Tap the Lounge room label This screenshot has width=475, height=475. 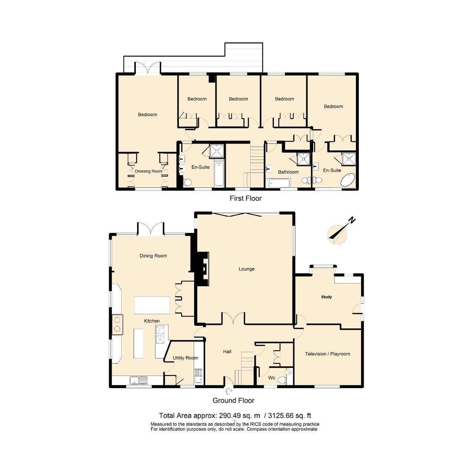(x=246, y=269)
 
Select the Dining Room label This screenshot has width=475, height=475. (x=153, y=256)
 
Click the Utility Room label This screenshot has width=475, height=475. (x=185, y=358)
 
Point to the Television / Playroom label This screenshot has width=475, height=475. (x=327, y=354)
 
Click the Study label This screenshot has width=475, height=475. (x=327, y=297)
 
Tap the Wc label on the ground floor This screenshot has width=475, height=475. (x=272, y=378)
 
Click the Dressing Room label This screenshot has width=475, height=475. (x=148, y=171)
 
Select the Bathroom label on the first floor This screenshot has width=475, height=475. (x=288, y=172)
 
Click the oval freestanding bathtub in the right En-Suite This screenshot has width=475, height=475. (x=348, y=180)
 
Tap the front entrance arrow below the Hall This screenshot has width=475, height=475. (x=229, y=390)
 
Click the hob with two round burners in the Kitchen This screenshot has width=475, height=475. (x=118, y=324)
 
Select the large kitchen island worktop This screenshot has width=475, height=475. (x=152, y=305)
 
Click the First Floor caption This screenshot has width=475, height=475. (x=245, y=198)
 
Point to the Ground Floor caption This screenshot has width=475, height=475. (x=233, y=400)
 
